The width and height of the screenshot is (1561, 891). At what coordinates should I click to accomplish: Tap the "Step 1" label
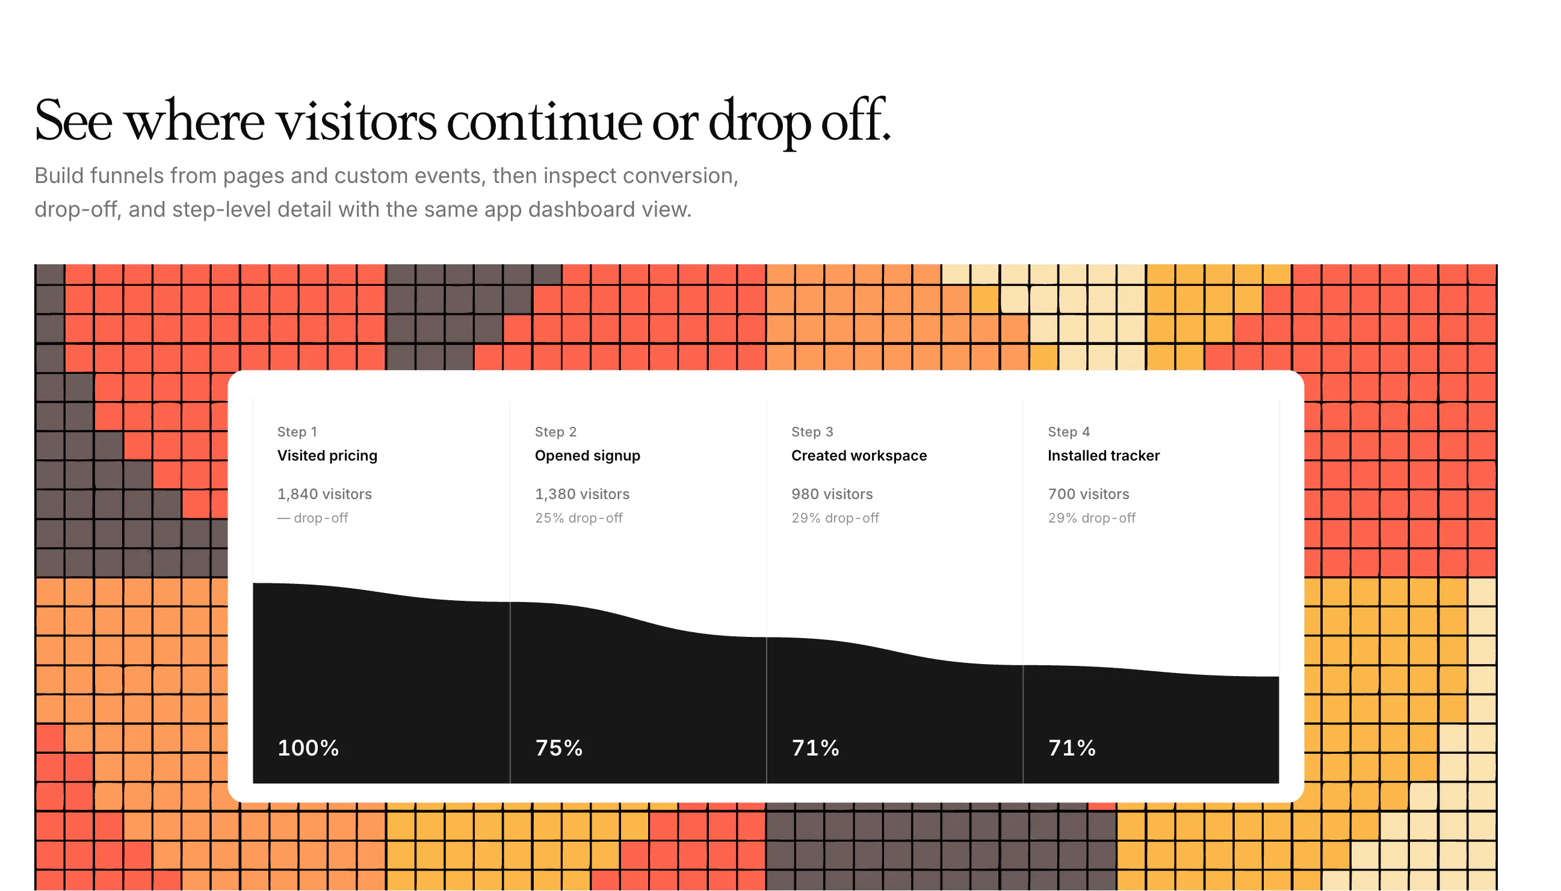tap(297, 432)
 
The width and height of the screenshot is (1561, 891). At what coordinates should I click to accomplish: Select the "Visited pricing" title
tap(327, 456)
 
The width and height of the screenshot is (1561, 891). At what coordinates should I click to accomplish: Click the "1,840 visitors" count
tap(324, 494)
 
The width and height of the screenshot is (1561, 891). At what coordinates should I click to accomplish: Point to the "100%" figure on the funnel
tap(308, 748)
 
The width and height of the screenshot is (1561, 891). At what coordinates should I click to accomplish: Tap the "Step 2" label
tap(555, 432)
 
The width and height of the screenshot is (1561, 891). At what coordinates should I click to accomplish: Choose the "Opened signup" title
tap(587, 456)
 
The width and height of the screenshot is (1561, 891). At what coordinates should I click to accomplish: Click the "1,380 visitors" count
tap(582, 494)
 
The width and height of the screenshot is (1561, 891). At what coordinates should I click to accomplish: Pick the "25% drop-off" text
tap(579, 518)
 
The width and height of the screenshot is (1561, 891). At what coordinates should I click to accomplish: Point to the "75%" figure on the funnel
tap(559, 748)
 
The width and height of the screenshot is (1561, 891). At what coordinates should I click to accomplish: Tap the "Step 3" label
tap(812, 432)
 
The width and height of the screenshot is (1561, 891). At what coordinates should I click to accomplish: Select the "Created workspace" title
tap(859, 456)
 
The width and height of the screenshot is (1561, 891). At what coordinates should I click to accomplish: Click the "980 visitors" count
tap(832, 494)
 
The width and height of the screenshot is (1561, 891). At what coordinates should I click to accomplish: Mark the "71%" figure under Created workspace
tap(815, 748)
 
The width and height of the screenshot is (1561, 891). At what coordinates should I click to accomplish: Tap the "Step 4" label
tap(1069, 432)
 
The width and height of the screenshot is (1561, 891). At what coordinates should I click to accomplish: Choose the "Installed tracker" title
tap(1104, 456)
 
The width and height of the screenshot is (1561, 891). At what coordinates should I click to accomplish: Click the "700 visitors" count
tap(1088, 494)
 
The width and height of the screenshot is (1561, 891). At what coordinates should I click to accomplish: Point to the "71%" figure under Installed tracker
tap(1072, 748)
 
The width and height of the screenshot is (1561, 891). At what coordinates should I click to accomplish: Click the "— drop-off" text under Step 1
tap(312, 518)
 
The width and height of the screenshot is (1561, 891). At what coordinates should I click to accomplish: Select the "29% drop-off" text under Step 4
tap(1091, 518)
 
